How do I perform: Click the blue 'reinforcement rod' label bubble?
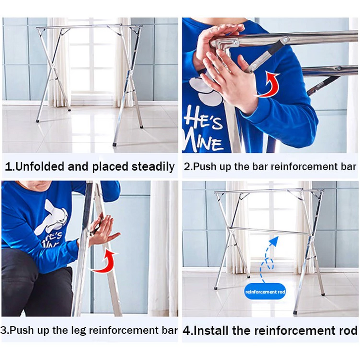coord(265,292)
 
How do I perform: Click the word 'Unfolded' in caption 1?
coord(40,167)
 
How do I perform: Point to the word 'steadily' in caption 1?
coord(153,167)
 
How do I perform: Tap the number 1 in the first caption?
coord(8,167)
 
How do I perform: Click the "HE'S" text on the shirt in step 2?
coord(203,121)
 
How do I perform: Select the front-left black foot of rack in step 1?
coord(38,120)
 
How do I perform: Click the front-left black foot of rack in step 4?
coord(216,288)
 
